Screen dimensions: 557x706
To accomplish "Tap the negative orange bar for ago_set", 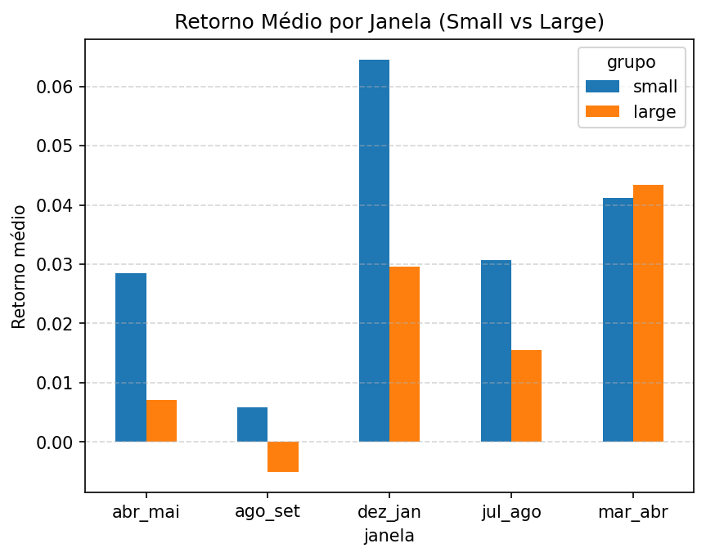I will (282, 456).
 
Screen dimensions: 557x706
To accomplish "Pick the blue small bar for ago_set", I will (252, 424).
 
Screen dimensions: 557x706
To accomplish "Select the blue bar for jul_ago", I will (496, 351).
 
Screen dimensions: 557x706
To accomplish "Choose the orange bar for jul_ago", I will (526, 396).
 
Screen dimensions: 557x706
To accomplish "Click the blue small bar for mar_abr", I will (618, 320).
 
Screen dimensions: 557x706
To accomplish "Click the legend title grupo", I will (631, 61).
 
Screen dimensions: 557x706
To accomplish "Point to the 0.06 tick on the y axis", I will (56, 87).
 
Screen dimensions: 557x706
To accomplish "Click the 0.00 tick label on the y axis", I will (56, 442).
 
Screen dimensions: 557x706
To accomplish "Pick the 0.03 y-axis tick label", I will (56, 265).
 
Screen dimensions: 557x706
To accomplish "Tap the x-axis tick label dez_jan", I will (389, 512).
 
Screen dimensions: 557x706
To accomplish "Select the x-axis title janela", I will (389, 537).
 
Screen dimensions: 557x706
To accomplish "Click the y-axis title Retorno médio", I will (19, 267).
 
